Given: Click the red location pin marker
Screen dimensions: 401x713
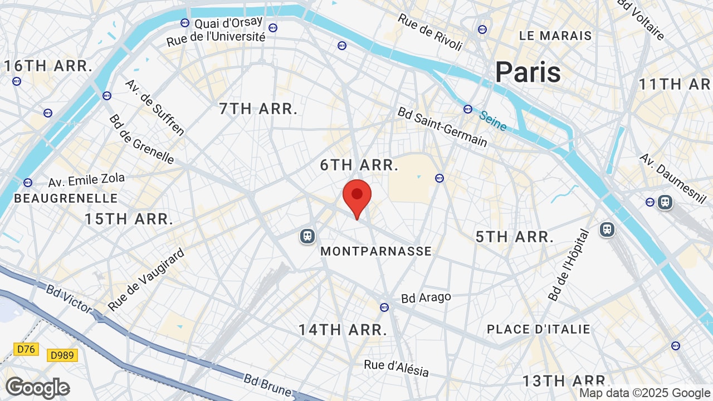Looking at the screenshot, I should [x=357, y=196].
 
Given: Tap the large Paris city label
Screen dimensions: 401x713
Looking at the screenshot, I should [x=528, y=72].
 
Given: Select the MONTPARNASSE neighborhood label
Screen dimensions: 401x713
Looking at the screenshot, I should [x=376, y=251].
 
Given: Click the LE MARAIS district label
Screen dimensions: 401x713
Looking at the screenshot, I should [x=555, y=36].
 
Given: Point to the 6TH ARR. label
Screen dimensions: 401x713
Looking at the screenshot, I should [x=359, y=165].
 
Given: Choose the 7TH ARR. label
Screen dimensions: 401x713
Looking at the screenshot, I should [x=258, y=109].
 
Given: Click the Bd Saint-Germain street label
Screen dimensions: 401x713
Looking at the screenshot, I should [x=442, y=127].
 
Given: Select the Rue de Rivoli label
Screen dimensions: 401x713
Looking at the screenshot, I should [x=430, y=32].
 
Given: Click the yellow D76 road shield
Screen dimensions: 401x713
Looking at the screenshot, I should [x=26, y=349].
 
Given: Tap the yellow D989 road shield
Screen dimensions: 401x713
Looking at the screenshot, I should [x=62, y=355].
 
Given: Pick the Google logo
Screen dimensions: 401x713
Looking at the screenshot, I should [x=37, y=388].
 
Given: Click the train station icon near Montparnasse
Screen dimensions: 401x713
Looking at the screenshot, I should [x=307, y=236].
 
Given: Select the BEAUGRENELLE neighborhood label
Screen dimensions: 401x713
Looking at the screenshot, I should [x=66, y=198].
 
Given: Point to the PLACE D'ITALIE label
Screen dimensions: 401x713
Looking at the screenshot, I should [x=538, y=329].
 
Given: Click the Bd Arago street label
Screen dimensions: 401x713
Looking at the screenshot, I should [x=426, y=298].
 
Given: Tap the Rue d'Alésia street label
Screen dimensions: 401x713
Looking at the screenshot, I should [x=396, y=368].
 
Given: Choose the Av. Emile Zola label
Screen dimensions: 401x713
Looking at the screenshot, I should [x=86, y=180].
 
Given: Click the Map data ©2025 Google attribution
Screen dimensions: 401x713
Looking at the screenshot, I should [x=644, y=393].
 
